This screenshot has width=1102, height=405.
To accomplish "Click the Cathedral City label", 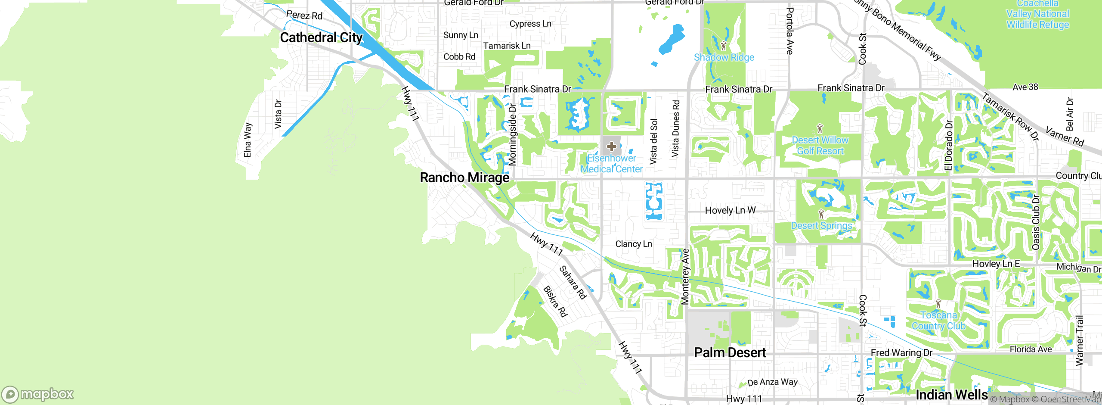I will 321,38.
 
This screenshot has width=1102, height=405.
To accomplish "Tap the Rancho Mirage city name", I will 464,178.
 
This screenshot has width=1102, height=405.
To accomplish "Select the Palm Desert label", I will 730,352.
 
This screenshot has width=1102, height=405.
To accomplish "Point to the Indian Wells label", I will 951,395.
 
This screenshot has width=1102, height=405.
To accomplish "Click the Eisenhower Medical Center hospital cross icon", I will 611,146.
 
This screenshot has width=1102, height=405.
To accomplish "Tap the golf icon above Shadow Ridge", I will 723,45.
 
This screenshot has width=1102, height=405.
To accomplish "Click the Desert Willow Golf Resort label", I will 820,146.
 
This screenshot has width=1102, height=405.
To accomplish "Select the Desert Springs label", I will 821,226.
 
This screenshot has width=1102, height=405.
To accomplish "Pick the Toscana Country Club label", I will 938,321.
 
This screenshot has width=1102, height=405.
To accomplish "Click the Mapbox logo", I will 38,394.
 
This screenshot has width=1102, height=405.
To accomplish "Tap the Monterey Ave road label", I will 685,277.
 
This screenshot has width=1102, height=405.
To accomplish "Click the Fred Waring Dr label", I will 901,352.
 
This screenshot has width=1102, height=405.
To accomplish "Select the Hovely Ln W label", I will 730,210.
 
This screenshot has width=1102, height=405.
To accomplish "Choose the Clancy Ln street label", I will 633,244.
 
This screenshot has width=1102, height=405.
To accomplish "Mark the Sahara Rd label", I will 573,282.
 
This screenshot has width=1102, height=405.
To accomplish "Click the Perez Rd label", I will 304,16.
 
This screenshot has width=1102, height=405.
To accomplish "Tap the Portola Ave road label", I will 789,31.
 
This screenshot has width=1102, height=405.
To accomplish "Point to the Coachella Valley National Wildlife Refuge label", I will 1037,14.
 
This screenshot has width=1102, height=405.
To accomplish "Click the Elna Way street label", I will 248,140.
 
